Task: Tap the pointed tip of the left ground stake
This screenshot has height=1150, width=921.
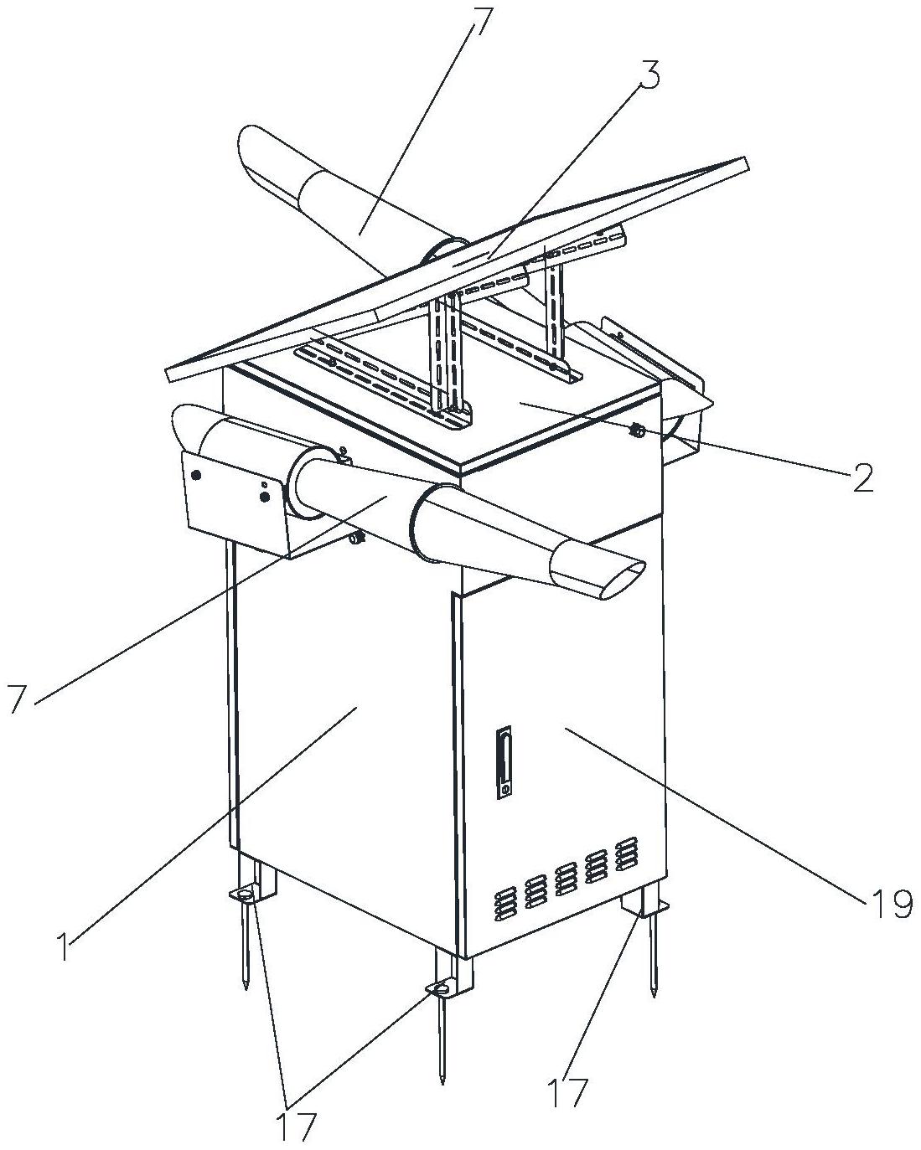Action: coord(246,988)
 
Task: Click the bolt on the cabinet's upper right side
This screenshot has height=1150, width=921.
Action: coord(637,430)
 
